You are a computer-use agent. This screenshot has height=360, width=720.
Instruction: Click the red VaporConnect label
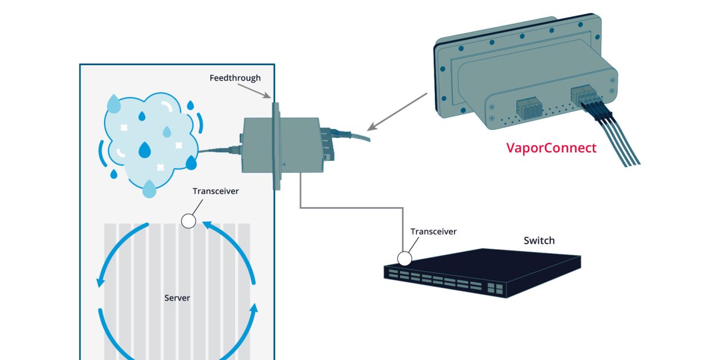551,148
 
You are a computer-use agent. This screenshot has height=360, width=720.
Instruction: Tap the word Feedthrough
235,78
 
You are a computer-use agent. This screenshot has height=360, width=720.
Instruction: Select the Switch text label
539,241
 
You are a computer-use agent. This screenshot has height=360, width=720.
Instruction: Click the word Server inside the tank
177,298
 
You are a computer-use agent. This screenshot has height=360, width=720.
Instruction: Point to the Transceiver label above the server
215,191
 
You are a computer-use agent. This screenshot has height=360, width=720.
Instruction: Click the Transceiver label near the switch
433,231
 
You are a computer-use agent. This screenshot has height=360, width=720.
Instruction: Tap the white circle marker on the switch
404,258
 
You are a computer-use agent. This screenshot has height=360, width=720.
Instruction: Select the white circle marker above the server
189,221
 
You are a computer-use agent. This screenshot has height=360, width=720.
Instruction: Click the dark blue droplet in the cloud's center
145,150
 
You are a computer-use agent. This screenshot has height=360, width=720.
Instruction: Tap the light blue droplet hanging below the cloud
149,189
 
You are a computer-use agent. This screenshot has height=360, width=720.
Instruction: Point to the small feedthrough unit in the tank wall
281,145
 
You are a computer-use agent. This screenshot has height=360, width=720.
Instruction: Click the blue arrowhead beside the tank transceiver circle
206,226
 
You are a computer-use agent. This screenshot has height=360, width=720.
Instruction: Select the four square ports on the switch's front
494,288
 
